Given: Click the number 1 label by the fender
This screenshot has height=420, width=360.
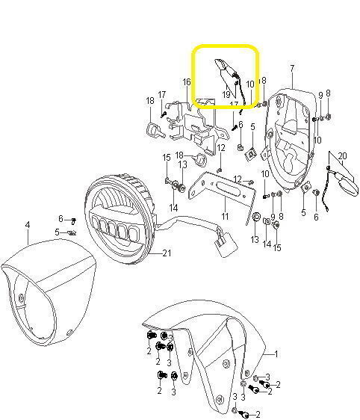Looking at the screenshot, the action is click(276, 353).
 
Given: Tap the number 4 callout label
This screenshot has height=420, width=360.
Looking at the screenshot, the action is click(28, 225).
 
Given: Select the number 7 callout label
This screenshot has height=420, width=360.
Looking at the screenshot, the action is click(292, 68).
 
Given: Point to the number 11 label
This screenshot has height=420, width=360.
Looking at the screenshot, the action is click(225, 216).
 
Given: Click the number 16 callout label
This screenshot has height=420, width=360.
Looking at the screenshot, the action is click(187, 82).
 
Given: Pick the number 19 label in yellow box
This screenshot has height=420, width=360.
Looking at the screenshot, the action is click(226, 94).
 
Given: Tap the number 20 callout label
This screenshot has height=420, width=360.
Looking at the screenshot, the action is click(342, 156).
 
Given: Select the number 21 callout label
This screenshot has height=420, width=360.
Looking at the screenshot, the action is click(167, 253).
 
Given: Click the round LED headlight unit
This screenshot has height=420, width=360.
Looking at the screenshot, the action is click(120, 218).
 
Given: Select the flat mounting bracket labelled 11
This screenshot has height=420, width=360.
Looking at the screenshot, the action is click(222, 192).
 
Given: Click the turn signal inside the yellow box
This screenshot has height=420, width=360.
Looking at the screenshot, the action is click(227, 70).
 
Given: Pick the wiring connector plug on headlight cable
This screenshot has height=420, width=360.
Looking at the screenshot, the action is click(226, 245).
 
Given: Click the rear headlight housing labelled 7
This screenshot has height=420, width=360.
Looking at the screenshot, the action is click(291, 139).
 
